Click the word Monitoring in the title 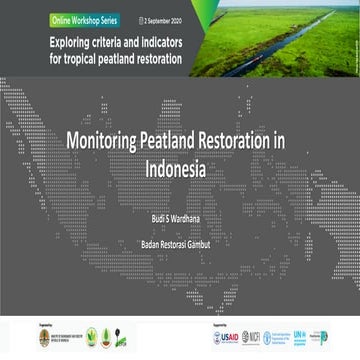(x=110, y=142)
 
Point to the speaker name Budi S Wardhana (x=179, y=214)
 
